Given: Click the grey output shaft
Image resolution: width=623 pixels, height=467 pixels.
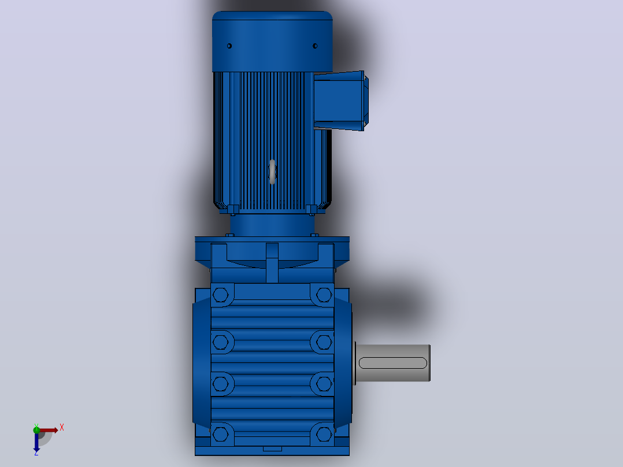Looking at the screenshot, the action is (x=392, y=363).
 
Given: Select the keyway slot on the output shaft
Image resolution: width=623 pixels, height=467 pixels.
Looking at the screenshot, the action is (x=392, y=363).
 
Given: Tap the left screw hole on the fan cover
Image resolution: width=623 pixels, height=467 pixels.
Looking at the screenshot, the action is (x=229, y=46).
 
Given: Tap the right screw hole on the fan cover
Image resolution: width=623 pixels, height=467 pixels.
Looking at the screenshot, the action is (x=315, y=46).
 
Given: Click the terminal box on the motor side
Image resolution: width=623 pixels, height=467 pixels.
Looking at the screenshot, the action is (x=341, y=101).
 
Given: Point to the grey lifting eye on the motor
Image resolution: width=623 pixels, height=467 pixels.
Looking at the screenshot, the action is (x=272, y=172).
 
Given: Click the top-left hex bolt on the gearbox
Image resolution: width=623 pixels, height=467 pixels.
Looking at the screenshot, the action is (x=221, y=295).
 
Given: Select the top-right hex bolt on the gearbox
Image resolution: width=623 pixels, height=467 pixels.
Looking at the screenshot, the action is (x=324, y=295).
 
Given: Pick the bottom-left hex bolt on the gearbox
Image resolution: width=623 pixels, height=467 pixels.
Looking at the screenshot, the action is (x=221, y=435).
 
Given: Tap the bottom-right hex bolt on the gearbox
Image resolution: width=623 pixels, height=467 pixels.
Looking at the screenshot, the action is (x=324, y=435).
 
